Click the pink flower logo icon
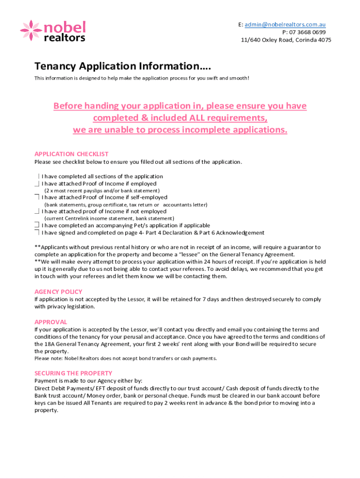pos(31,30)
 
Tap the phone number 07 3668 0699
pos(307,32)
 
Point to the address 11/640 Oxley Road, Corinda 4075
pos(286,40)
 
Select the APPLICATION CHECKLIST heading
pos(71,154)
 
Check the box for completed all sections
pos(37,176)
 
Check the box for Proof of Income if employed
pos(37,184)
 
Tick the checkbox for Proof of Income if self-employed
pos(37,197)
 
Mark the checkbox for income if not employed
pos(37,211)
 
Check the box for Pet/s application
pos(37,225)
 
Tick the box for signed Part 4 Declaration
pos(37,232)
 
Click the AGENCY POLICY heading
pos(58,291)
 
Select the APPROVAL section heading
pos(50,322)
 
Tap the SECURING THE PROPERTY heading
pos(73,373)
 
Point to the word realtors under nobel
pos(64,38)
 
